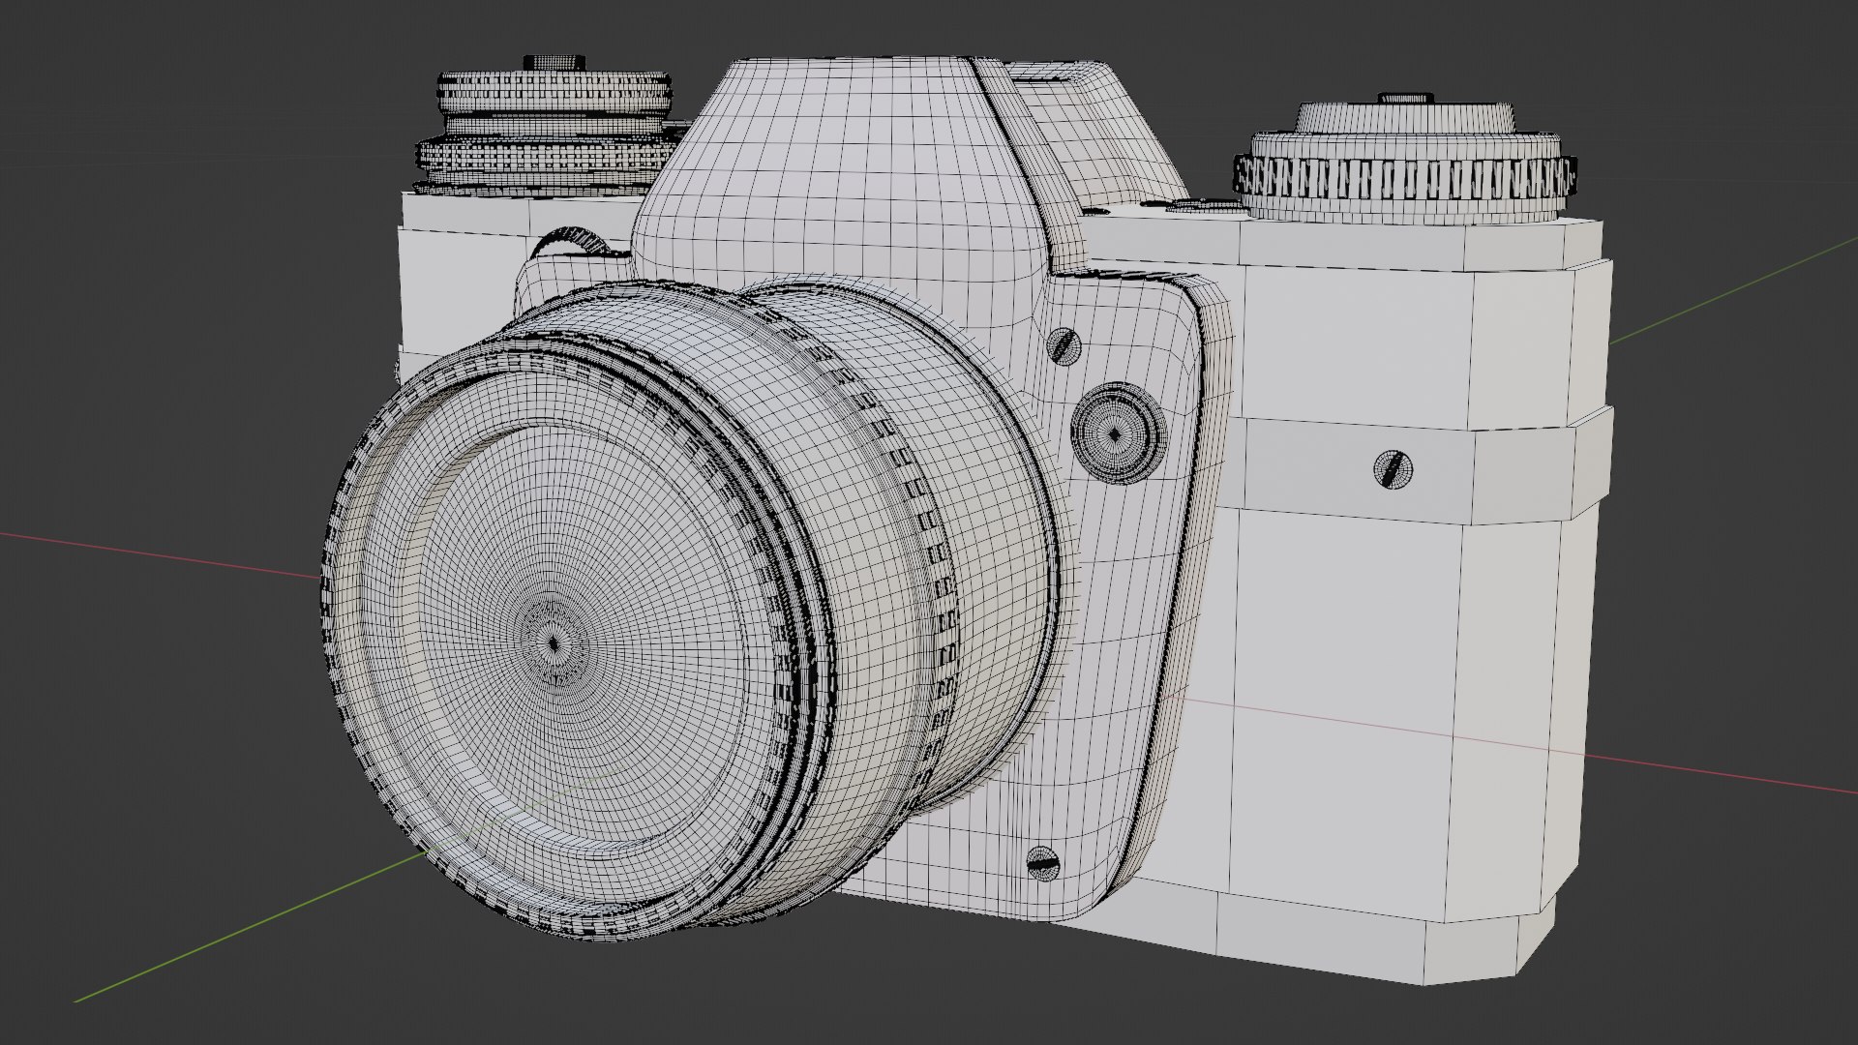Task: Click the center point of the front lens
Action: [x=554, y=642]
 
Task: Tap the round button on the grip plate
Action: [x=1115, y=433]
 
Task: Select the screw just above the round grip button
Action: [x=1064, y=344]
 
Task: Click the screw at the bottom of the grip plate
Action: [x=1042, y=861]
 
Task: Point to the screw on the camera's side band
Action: [x=1393, y=470]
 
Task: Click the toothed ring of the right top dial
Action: [x=1403, y=178]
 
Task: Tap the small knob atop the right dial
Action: [x=1406, y=98]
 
